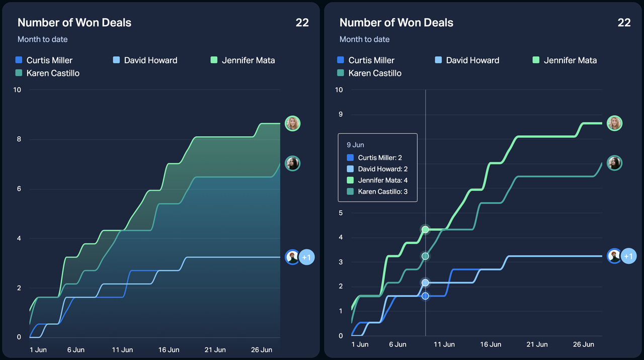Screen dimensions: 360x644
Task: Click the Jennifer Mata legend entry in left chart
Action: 243,60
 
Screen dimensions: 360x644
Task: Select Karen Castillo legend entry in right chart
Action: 369,73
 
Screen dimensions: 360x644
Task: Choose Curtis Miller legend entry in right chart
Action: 366,60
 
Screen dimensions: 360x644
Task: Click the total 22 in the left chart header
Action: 302,23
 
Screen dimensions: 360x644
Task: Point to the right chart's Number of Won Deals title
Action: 396,23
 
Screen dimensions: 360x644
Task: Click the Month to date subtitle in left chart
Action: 42,39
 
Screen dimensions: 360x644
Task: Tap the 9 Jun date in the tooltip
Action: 355,145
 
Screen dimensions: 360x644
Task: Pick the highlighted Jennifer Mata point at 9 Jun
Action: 425,230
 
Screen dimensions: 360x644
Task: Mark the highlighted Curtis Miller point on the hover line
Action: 425,296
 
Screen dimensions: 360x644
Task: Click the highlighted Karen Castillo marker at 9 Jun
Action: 425,256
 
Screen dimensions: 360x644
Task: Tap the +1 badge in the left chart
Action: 306,257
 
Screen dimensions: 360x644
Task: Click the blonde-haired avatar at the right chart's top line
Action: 614,123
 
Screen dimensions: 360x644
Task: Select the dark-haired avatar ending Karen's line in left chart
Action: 292,163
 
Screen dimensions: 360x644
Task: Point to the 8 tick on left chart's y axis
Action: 19,139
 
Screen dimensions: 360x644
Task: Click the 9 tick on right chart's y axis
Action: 341,115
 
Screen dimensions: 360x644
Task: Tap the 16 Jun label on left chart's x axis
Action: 169,349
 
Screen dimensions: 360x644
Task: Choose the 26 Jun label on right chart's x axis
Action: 584,344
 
